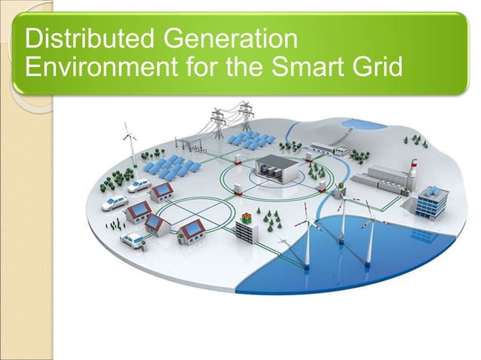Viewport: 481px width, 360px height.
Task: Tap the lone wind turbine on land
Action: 130,147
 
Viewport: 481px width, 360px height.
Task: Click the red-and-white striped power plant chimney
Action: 412,167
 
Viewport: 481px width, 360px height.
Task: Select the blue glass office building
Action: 431,201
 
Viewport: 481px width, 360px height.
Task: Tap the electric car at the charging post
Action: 134,239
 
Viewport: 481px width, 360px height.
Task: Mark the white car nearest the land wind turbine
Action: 139,185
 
